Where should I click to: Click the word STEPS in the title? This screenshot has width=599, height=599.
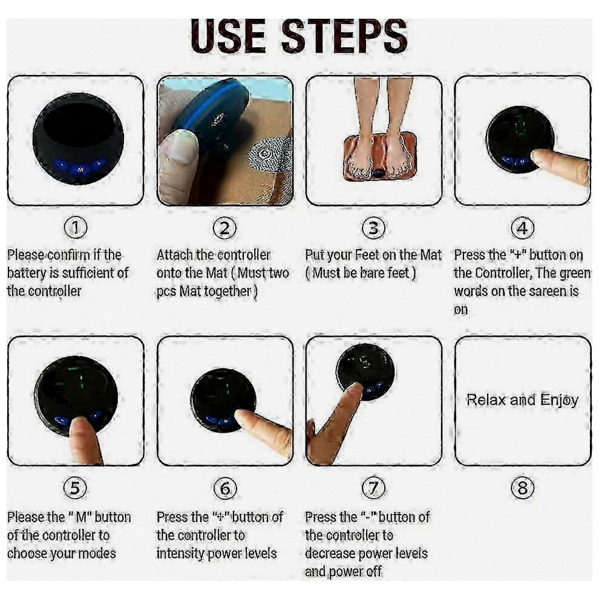tap(344, 36)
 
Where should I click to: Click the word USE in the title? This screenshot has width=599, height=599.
tap(228, 36)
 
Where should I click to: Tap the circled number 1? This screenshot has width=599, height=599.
tap(76, 227)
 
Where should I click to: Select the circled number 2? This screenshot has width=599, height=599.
tap(224, 227)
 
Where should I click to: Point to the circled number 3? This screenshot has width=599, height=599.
tap(373, 227)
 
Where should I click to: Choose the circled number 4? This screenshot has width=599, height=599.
tap(523, 227)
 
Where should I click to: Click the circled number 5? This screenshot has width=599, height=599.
tap(75, 488)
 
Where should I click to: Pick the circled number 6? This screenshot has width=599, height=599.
tap(225, 488)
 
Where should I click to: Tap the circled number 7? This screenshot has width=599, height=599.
tap(373, 488)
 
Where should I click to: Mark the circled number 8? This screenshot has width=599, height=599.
tap(523, 488)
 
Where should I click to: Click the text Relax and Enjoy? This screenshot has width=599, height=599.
tap(522, 400)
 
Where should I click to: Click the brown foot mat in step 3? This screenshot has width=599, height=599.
tap(380, 156)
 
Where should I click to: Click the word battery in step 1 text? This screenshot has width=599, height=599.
tap(27, 273)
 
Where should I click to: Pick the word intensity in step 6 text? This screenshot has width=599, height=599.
tap(183, 554)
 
